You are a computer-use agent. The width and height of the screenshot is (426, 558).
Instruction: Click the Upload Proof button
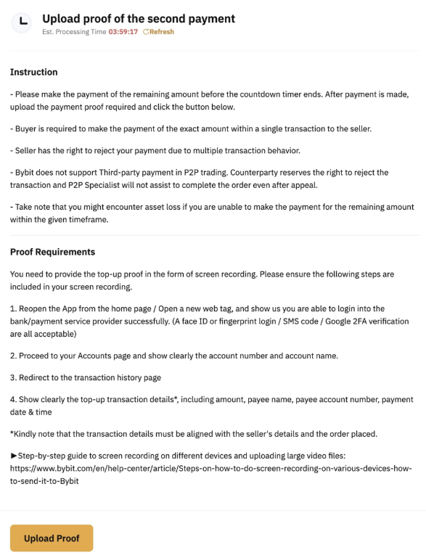[x=52, y=538]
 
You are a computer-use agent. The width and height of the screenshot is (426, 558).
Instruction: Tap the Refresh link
[x=159, y=32]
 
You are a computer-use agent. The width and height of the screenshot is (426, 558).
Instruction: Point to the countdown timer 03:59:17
[x=123, y=32]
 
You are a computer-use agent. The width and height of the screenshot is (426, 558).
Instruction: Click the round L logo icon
[x=22, y=22]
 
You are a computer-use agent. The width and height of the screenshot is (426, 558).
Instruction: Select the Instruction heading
[x=33, y=72]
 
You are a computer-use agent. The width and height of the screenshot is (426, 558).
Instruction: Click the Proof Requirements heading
[x=52, y=252]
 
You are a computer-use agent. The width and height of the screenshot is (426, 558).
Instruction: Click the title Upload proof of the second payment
[x=139, y=18]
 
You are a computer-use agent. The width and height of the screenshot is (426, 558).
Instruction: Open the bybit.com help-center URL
[x=210, y=469]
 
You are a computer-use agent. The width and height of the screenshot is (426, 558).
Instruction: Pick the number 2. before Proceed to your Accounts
[x=13, y=356]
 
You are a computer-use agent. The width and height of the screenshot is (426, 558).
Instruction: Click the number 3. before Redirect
[x=13, y=377]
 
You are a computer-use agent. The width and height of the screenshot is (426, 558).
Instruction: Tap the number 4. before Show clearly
[x=13, y=400]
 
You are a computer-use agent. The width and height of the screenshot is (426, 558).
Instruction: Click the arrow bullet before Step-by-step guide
[x=14, y=455]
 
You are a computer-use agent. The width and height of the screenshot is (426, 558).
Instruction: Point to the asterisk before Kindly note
[x=12, y=434]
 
